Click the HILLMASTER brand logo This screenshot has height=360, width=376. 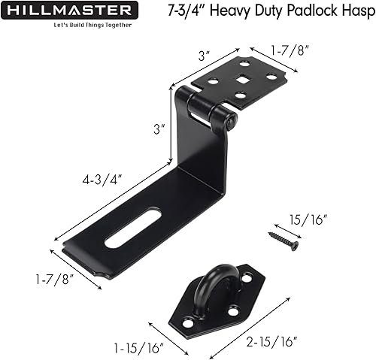click(71, 11)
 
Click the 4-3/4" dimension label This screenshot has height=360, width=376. click(104, 180)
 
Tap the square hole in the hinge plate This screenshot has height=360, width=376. click(244, 79)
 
